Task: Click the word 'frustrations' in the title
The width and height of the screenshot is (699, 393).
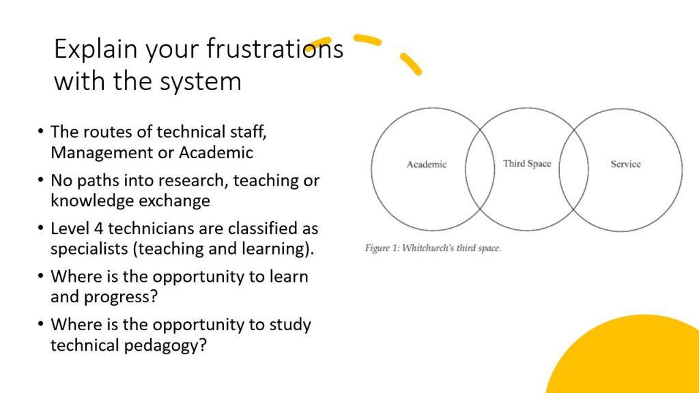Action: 274,48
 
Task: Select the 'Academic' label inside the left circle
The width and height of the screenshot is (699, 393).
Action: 427,164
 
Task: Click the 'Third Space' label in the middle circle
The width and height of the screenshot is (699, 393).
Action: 527,164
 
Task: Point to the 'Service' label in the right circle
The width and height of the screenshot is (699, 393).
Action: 625,164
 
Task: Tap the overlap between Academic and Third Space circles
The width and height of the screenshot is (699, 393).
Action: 480,169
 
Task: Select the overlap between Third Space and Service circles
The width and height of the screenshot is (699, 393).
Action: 573,169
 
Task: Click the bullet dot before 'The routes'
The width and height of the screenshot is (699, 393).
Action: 41,132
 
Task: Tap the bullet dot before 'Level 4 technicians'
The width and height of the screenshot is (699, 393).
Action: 41,228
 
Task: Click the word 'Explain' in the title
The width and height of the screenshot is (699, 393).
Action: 96,49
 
